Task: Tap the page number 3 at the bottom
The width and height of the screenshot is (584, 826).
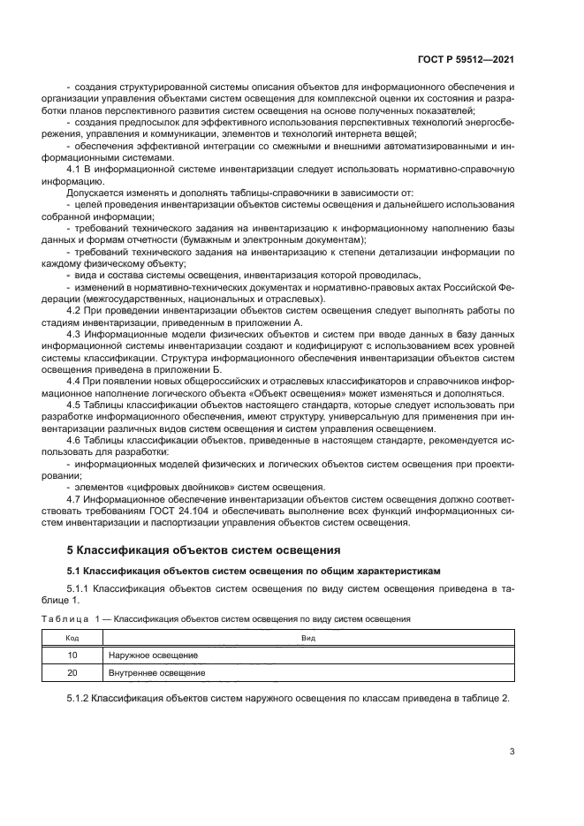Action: coord(512,752)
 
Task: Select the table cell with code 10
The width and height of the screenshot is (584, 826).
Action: coord(72,655)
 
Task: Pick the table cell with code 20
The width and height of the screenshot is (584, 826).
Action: coord(72,672)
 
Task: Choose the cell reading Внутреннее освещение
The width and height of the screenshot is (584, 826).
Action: coord(156,672)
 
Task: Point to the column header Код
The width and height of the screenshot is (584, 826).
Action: coord(72,637)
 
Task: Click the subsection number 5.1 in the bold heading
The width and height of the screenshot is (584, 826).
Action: coord(76,572)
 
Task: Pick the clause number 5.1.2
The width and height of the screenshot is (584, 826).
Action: coord(80,698)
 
